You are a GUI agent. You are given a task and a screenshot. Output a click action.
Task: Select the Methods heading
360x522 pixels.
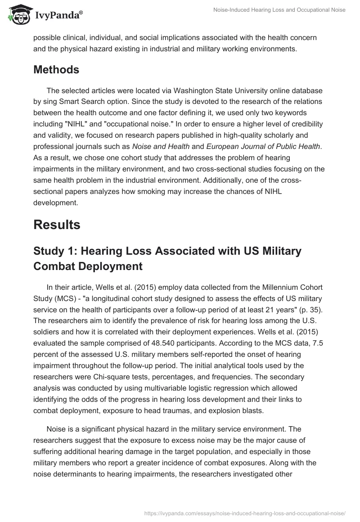56,70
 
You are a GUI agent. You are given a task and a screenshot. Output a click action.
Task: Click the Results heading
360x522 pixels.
57,224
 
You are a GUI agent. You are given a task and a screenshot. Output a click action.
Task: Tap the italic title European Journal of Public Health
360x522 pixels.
263,146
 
